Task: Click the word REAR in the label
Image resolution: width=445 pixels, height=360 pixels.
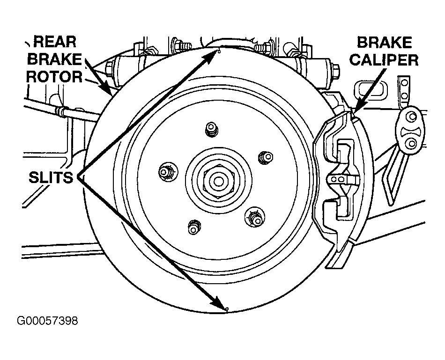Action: click(x=55, y=42)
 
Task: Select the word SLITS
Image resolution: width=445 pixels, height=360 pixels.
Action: click(x=51, y=177)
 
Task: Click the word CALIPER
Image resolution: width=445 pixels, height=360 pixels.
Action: click(x=384, y=60)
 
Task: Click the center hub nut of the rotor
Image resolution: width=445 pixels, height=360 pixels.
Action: click(x=218, y=181)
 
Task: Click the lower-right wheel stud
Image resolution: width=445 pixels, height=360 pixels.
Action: click(x=254, y=218)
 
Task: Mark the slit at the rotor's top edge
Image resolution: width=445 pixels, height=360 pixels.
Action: click(x=219, y=51)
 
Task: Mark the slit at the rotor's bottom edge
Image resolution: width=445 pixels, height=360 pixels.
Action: click(x=227, y=309)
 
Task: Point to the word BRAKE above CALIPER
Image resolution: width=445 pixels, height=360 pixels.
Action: click(x=384, y=43)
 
